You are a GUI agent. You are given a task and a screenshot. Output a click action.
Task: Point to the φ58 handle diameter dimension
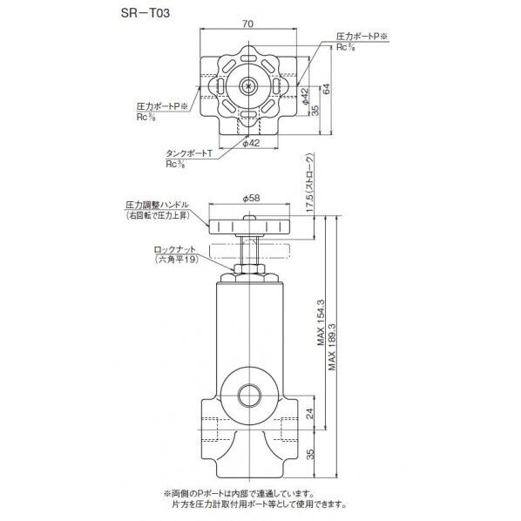click(251, 200)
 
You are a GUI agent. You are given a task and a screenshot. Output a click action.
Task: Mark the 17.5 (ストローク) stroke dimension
click(311, 186)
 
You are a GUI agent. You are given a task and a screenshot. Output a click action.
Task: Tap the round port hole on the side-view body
click(250, 389)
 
